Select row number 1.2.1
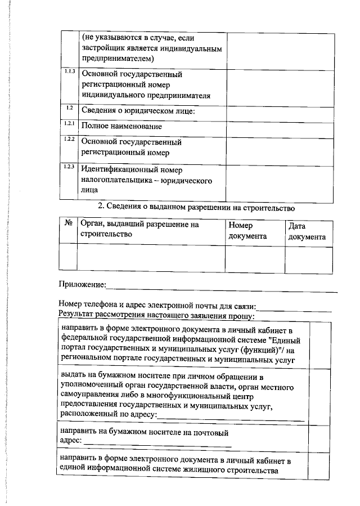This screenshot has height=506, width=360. point(69,123)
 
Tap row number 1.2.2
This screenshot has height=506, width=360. point(69,139)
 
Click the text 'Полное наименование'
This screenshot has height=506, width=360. point(118,126)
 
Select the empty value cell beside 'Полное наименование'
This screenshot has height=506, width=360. point(277,126)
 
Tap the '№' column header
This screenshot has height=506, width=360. point(69,224)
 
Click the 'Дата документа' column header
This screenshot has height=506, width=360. point(307,231)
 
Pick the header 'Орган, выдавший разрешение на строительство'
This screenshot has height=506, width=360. point(140,229)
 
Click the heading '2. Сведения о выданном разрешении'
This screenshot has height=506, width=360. point(197,207)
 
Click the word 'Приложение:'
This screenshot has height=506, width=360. point(82,283)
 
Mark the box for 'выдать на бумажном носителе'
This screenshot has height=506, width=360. point(318,396)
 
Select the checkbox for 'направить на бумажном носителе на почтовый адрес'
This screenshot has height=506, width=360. point(318,436)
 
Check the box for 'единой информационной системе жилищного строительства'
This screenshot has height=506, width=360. point(318,465)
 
